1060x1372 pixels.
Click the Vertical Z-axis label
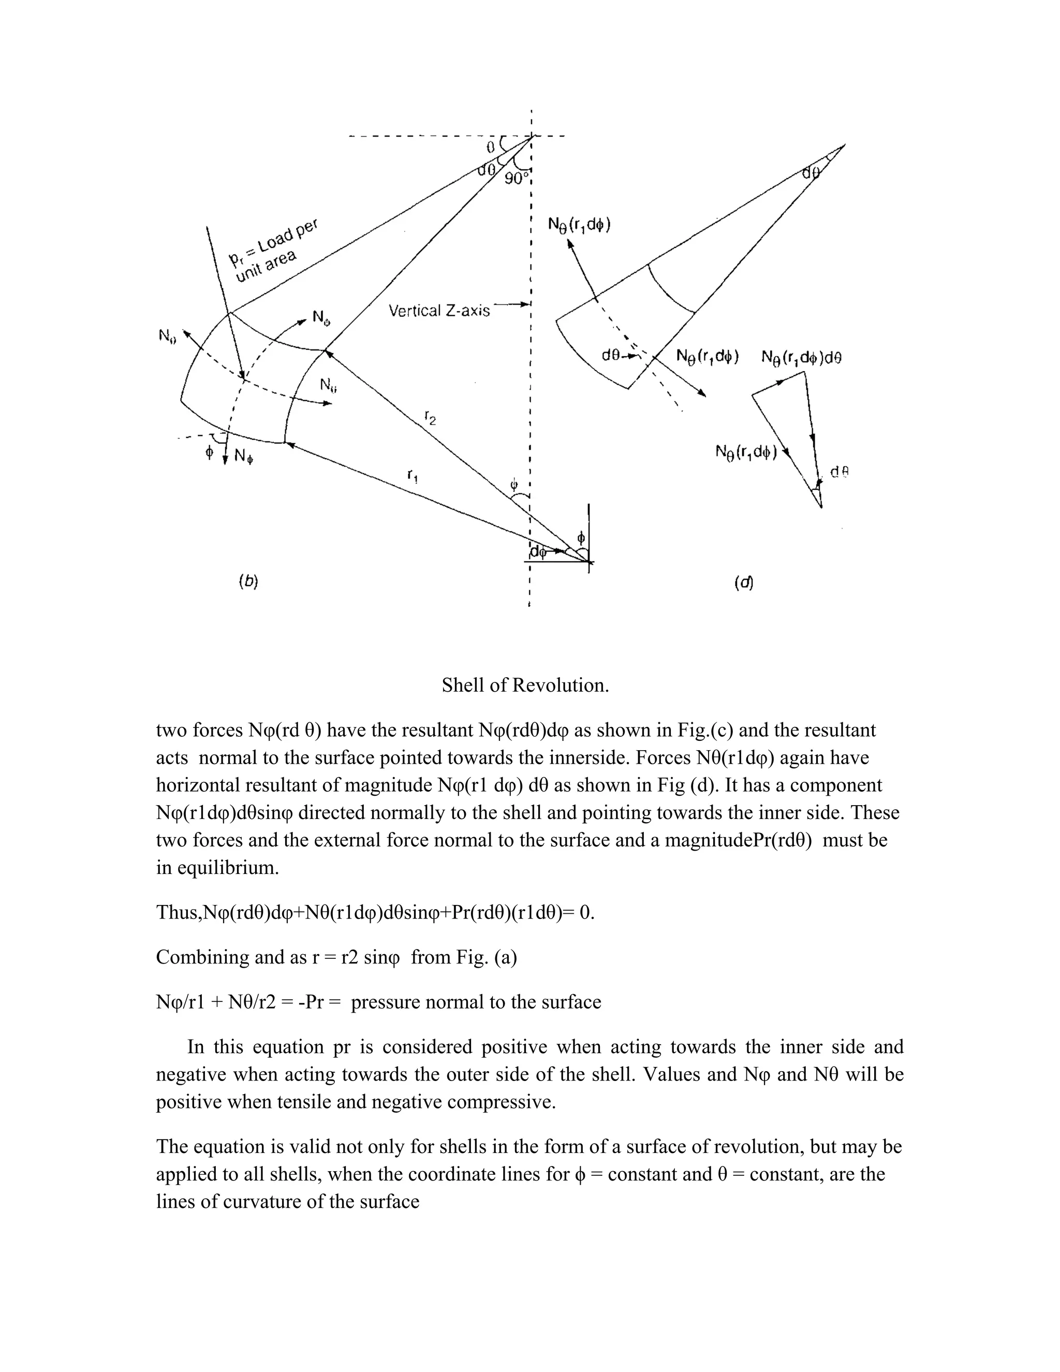pyautogui.click(x=439, y=310)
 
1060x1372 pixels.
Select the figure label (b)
pyautogui.click(x=248, y=581)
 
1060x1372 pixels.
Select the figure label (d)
pyautogui.click(x=744, y=582)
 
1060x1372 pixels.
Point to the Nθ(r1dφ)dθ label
pyautogui.click(x=801, y=357)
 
